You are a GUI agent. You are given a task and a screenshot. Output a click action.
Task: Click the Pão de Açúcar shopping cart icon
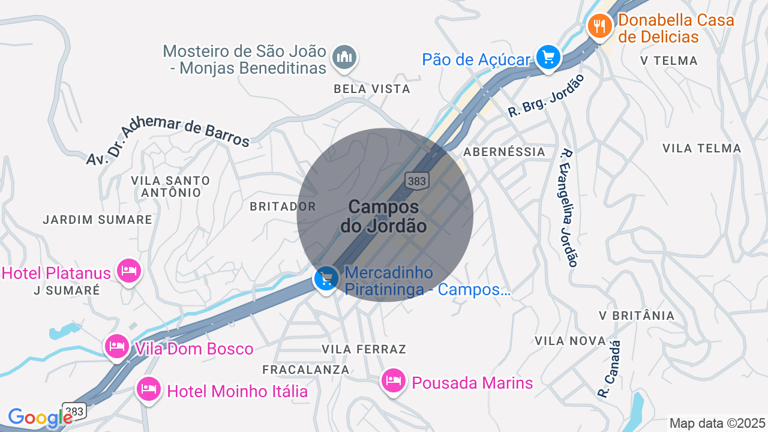click(x=548, y=58)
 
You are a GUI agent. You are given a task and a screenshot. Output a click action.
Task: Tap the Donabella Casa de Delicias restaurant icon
click(x=599, y=26)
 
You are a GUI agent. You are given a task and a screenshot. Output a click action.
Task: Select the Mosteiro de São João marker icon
click(x=344, y=58)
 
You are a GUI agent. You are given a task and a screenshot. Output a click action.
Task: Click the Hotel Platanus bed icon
click(x=128, y=272)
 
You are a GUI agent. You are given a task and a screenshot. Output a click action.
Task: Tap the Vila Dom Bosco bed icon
click(x=116, y=346)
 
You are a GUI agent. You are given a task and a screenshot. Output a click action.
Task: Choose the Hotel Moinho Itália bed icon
click(x=148, y=389)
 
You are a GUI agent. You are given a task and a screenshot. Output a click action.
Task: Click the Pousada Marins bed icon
click(x=394, y=380)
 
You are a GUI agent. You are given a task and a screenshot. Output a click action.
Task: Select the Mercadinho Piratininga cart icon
click(x=326, y=279)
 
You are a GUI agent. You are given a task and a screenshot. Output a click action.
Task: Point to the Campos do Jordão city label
click(x=384, y=216)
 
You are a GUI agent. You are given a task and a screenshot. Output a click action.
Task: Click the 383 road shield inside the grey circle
click(x=416, y=180)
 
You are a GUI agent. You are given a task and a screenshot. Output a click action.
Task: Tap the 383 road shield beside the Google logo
click(x=74, y=412)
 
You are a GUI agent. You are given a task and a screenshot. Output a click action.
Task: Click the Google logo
click(x=40, y=418)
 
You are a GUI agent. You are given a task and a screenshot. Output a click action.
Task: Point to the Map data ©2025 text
click(x=718, y=423)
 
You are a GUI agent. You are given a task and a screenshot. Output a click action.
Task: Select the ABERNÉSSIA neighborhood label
click(x=505, y=152)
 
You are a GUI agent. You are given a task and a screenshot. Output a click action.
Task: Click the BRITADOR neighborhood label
click(x=283, y=206)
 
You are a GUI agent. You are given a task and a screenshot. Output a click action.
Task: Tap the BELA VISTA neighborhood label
click(x=372, y=89)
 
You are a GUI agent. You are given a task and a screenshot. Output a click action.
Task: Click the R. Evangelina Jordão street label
click(x=568, y=208)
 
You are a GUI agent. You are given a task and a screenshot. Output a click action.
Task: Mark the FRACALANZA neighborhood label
click(x=306, y=370)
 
